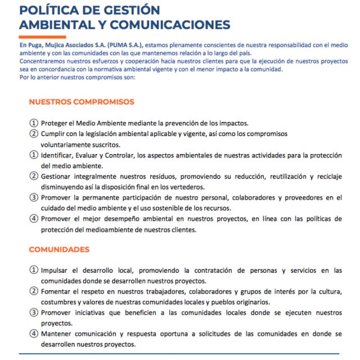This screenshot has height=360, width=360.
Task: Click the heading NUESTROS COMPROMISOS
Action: (82, 102)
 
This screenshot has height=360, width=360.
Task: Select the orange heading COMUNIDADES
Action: (59, 249)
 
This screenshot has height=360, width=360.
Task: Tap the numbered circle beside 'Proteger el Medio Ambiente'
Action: (34, 123)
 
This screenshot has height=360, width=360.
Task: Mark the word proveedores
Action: (308, 197)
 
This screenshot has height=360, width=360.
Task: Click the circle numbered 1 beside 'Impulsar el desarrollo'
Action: (34, 271)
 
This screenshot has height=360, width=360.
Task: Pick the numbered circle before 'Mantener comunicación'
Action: (34, 334)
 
